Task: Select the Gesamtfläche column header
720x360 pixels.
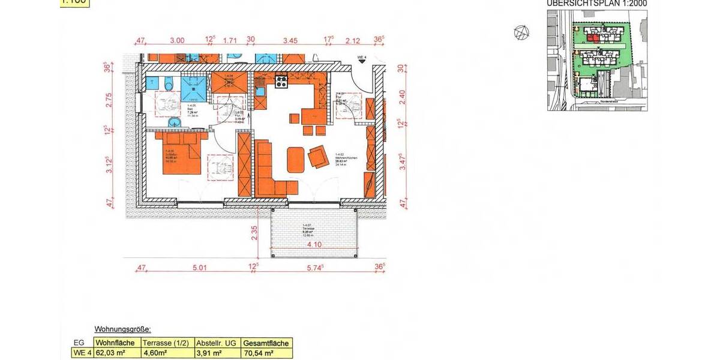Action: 266,343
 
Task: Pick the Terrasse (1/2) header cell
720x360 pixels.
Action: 166,343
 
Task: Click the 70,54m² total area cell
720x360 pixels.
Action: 266,353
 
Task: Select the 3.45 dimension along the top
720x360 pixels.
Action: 290,41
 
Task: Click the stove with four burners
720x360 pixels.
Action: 281,82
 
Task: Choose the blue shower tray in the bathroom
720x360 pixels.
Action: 193,86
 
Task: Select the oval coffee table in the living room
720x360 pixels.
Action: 295,160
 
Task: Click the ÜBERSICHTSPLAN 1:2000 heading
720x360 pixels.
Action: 596,4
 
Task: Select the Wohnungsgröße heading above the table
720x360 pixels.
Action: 123,329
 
